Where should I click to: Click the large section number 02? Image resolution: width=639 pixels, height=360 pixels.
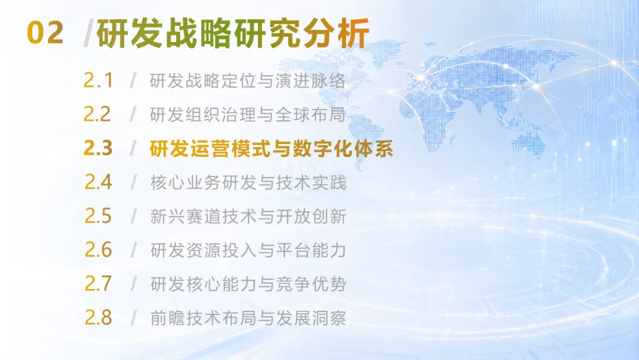tap(45, 33)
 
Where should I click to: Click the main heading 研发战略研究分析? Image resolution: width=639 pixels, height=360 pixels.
tap(233, 33)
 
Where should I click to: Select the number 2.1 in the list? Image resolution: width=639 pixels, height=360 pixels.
tap(98, 81)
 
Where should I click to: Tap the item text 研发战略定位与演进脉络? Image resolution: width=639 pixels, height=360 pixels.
tap(248, 81)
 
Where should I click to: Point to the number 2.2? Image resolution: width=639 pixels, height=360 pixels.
tap(97, 114)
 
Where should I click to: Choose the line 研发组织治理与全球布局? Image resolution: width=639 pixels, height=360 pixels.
tap(248, 114)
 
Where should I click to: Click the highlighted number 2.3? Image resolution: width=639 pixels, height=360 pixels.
tap(98, 148)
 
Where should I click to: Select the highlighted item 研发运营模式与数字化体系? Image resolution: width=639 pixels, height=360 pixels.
tap(272, 149)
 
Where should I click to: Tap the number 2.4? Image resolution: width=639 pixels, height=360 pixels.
tap(98, 182)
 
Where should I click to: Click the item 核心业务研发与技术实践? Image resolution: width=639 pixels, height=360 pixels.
tap(248, 182)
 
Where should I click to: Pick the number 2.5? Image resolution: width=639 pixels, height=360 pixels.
tap(98, 216)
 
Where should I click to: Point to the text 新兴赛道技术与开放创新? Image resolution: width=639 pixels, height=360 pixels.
tap(248, 216)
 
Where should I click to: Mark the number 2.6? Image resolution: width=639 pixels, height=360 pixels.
tap(98, 249)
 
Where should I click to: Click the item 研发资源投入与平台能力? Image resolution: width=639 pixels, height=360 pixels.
tap(248, 250)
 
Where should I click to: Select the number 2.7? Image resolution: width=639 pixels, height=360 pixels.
tap(98, 284)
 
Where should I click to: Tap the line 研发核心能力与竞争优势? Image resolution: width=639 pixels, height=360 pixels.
tap(248, 284)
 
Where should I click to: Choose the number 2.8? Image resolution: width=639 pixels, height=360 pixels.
tap(98, 317)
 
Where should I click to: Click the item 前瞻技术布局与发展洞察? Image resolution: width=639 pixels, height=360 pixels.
tap(248, 317)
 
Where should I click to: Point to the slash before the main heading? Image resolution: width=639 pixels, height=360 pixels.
tap(88, 33)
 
